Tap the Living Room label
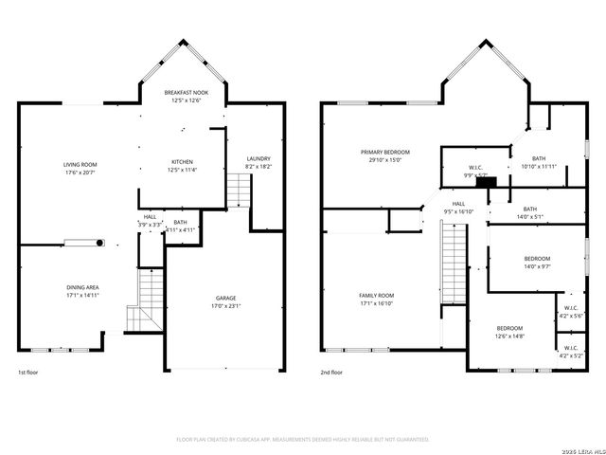pyautogui.click(x=80, y=164)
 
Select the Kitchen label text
pyautogui.click(x=182, y=161)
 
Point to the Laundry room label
pyautogui.click(x=258, y=158)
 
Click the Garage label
pyautogui.click(x=224, y=298)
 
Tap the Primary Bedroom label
pyautogui.click(x=385, y=152)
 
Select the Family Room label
pyautogui.click(x=376, y=296)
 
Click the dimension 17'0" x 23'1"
pyautogui.click(x=224, y=306)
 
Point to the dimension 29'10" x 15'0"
pyautogui.click(x=385, y=160)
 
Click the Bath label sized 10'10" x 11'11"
pyautogui.click(x=539, y=158)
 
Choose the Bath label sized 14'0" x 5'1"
pyautogui.click(x=529, y=209)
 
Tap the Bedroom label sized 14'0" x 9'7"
pyautogui.click(x=537, y=258)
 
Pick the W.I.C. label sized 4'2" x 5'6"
pyautogui.click(x=571, y=307)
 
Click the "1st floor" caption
pyautogui.click(x=29, y=373)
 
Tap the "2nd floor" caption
pyautogui.click(x=331, y=373)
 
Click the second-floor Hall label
pyautogui.click(x=458, y=203)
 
